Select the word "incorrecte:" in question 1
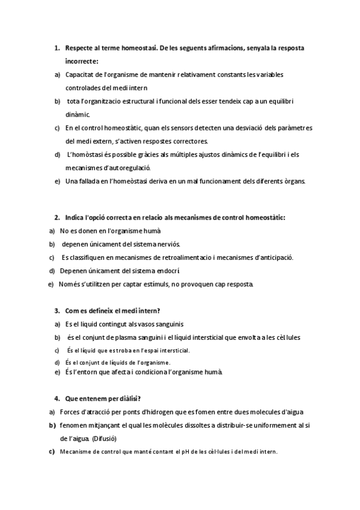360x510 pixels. click(82, 61)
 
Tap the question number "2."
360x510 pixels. click(56, 217)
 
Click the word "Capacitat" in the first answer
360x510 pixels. click(79, 74)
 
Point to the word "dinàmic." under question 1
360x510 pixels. click(78, 114)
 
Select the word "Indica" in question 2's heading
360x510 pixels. click(75, 217)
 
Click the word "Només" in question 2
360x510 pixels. click(69, 284)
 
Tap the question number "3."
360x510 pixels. click(56, 311)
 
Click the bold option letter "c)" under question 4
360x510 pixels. click(52, 452)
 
